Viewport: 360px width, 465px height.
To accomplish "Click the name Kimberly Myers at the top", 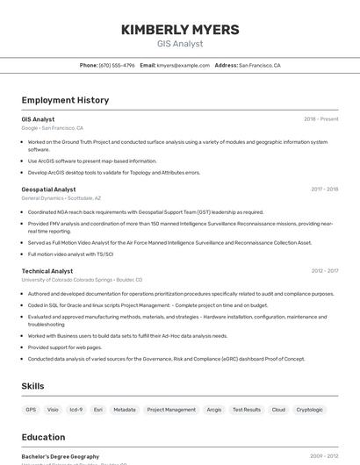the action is (180, 30).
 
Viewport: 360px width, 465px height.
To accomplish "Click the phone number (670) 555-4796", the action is (117, 65).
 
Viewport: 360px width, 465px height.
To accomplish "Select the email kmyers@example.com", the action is (184, 65).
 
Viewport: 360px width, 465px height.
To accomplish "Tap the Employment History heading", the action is (65, 100).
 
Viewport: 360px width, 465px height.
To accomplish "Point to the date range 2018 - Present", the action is (320, 119).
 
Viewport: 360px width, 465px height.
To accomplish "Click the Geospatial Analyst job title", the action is (48, 190).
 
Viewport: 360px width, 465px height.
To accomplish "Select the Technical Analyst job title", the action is (47, 271).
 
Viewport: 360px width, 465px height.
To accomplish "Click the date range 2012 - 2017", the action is (324, 271).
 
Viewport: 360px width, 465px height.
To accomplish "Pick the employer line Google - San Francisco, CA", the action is (52, 128).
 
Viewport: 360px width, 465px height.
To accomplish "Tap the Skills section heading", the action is (32, 386).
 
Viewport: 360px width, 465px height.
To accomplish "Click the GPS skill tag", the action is (31, 410).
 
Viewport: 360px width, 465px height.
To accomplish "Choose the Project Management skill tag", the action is (171, 410).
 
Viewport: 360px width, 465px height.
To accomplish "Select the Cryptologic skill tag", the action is (309, 410).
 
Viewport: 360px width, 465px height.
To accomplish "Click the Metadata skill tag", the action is (125, 410).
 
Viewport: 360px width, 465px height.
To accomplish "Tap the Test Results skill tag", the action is (247, 410).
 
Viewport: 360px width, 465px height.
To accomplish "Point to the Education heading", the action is (43, 437).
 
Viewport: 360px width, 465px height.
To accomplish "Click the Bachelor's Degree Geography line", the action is (61, 456).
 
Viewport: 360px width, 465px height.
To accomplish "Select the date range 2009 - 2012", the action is (324, 456).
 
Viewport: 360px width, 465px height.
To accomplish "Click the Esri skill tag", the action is (98, 410).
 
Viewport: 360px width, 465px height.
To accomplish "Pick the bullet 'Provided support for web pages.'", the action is (65, 347).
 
